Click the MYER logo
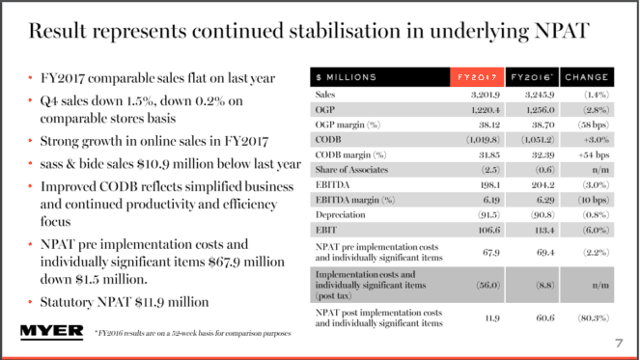(46, 333)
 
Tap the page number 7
(618, 344)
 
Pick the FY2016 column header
(530, 76)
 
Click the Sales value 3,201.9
(475, 95)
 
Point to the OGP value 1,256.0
(530, 110)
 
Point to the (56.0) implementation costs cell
(476, 287)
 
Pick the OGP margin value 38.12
(476, 125)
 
